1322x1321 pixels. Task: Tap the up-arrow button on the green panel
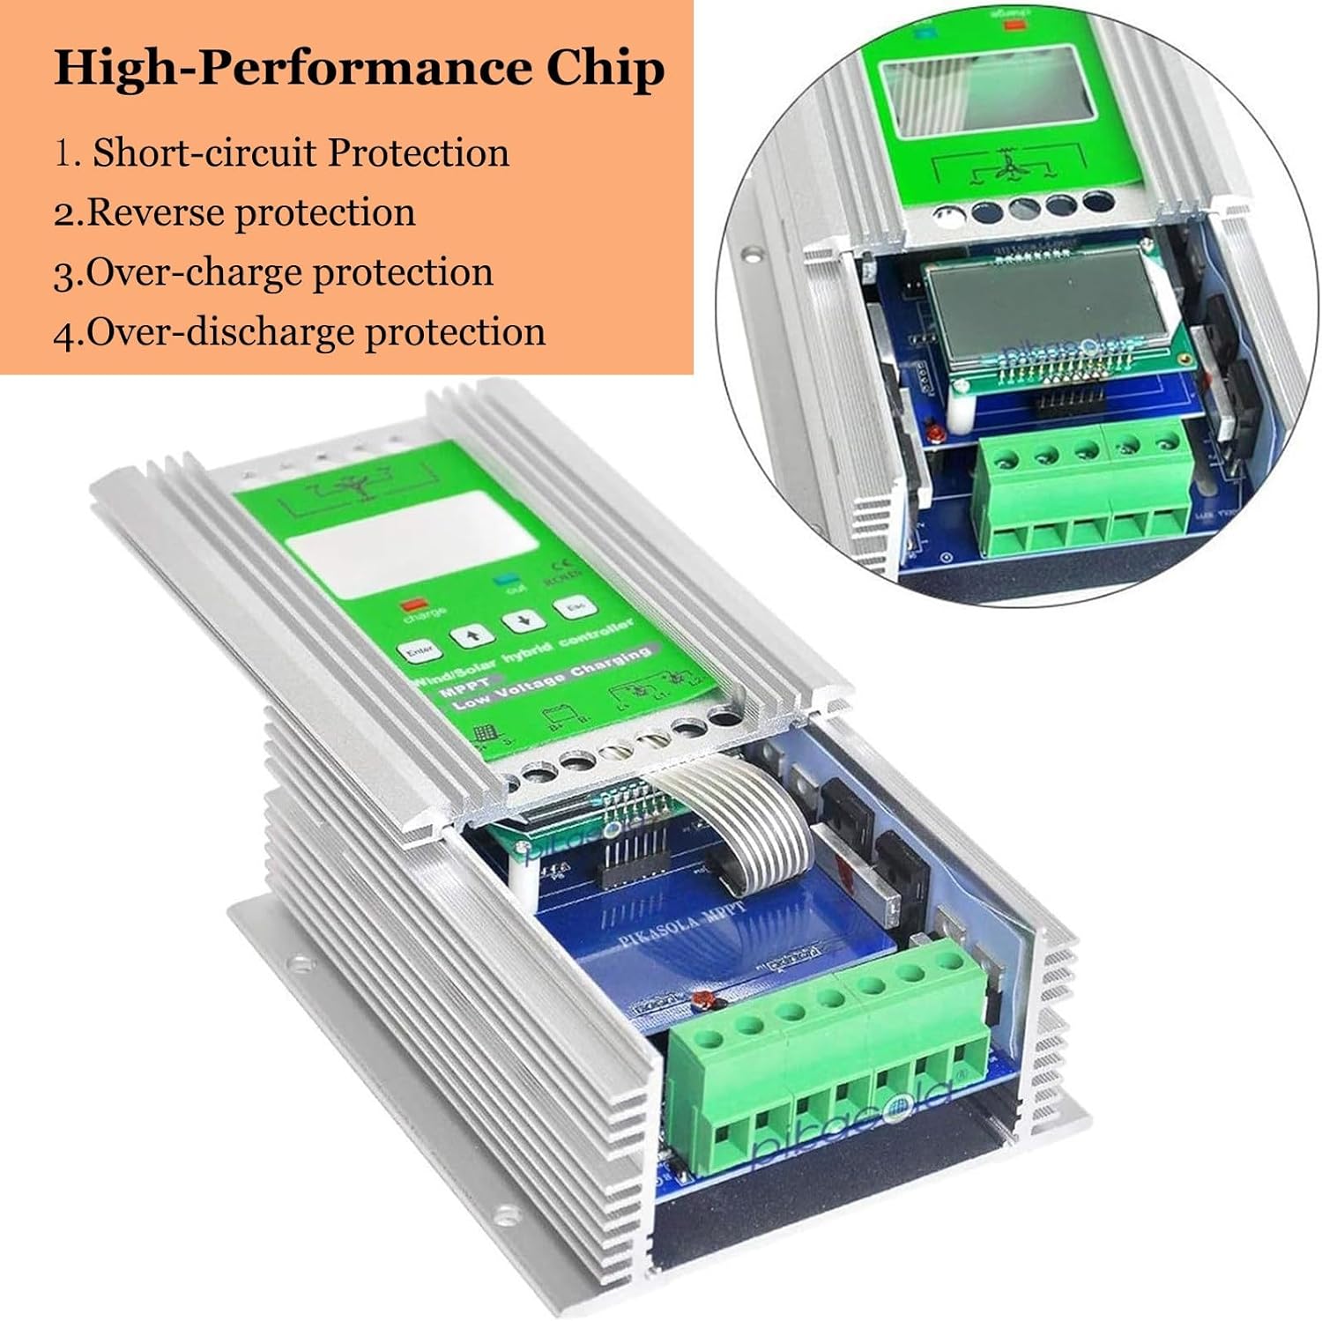(x=467, y=635)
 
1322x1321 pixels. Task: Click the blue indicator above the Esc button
(x=505, y=582)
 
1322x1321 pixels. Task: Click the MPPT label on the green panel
(x=461, y=693)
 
